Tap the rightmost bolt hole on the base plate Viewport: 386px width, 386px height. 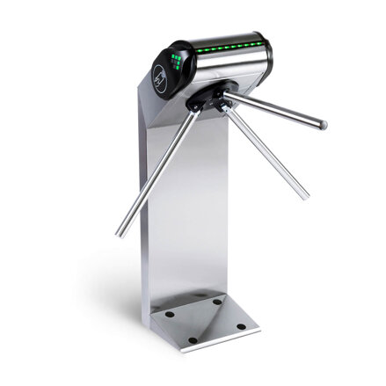242,326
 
